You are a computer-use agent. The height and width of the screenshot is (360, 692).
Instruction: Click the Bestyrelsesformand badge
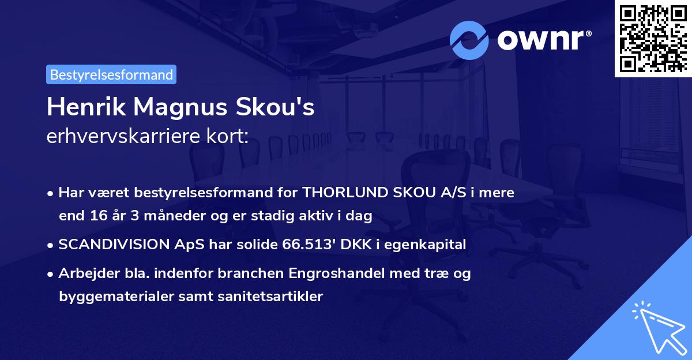click(111, 74)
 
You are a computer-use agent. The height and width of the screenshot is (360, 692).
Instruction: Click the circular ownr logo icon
click(469, 40)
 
